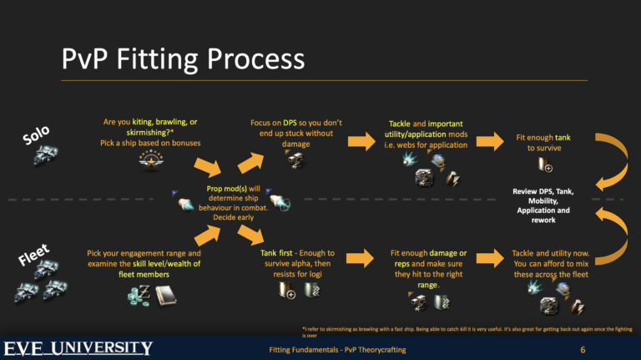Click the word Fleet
34,256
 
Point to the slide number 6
582,349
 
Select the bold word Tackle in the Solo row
405,123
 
